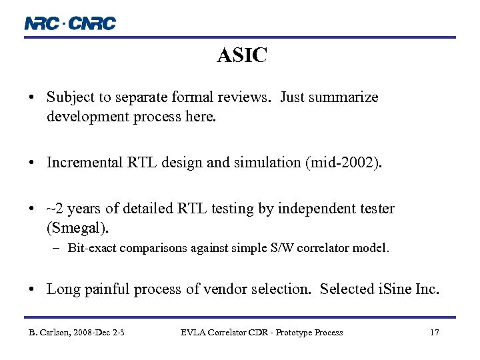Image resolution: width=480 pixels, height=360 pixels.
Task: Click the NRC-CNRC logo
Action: (70, 23)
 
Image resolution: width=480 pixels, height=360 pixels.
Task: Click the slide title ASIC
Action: (241, 56)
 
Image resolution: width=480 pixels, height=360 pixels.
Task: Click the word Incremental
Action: (85, 162)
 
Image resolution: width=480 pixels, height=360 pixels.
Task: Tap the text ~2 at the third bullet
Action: (55, 209)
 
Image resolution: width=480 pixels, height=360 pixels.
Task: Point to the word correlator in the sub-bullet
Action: (325, 248)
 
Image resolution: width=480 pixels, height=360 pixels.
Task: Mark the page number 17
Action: (434, 333)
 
